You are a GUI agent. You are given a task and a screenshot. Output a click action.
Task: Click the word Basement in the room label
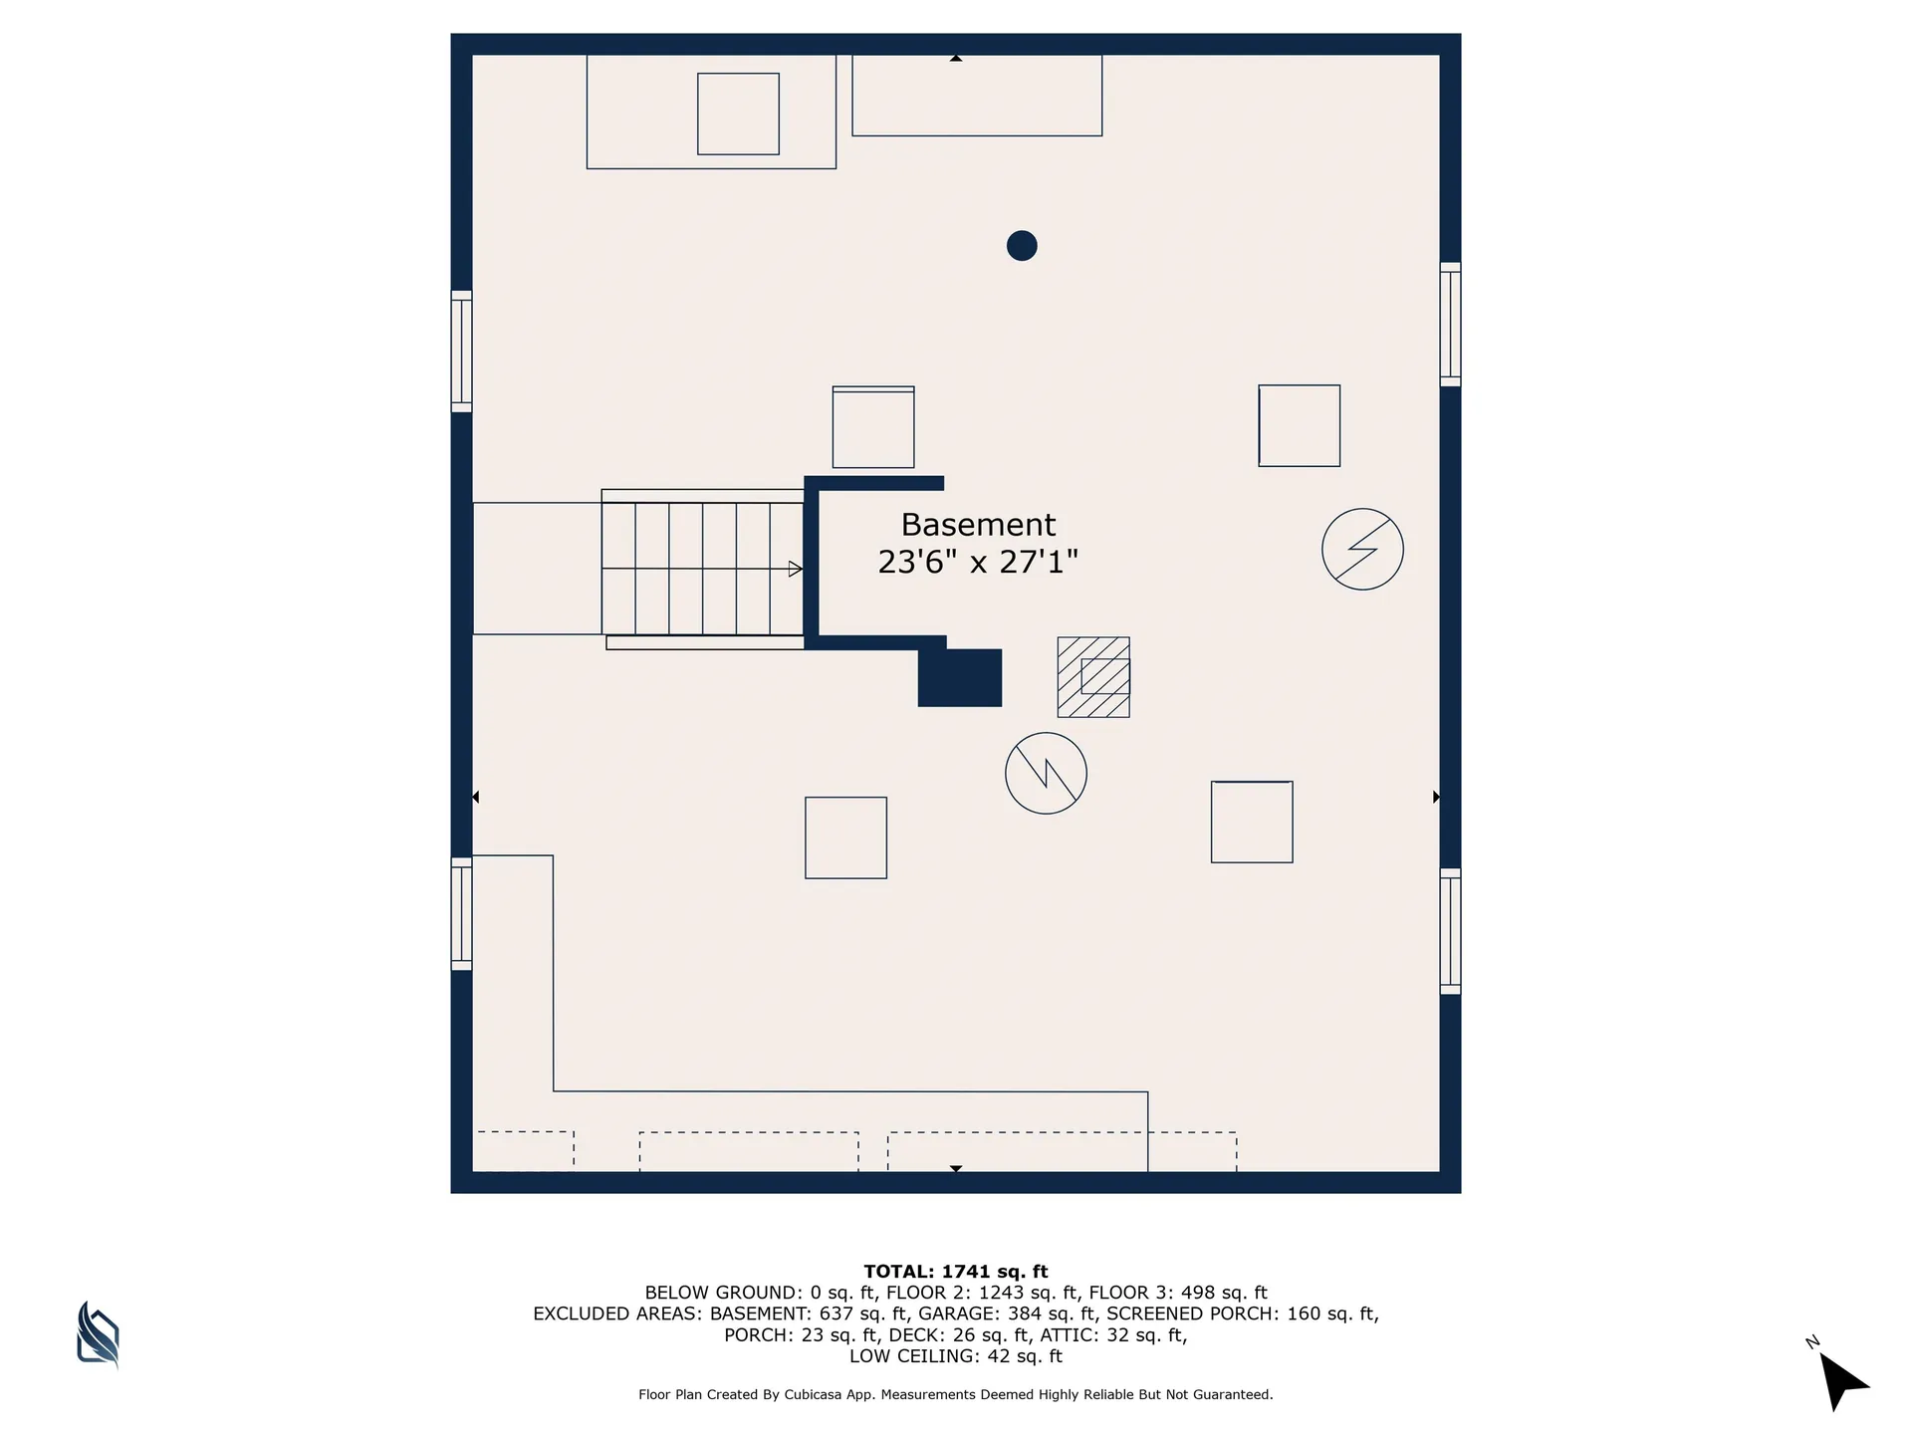978,525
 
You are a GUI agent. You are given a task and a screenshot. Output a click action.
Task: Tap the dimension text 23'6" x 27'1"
978,563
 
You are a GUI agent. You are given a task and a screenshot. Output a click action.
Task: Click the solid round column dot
1022,246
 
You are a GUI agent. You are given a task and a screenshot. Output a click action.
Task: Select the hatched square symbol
1093,677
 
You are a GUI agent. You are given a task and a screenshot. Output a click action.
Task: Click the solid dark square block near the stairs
960,677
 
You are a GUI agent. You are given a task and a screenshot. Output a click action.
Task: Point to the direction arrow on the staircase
795,569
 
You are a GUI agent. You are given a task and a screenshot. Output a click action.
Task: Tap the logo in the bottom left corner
98,1333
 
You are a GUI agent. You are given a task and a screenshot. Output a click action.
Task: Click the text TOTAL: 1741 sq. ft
956,1272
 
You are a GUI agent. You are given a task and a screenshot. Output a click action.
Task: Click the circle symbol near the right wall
1362,549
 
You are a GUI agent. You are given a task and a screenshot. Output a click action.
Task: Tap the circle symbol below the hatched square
1046,773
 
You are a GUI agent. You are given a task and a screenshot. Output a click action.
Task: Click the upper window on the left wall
461,352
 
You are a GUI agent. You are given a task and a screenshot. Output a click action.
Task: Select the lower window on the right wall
1450,931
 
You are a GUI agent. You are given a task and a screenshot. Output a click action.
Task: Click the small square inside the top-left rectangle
738,114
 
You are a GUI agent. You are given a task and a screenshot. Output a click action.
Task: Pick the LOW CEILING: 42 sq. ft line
956,1356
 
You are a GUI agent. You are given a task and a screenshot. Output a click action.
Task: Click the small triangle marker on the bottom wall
956,1168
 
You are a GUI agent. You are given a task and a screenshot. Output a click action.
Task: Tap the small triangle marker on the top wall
956,59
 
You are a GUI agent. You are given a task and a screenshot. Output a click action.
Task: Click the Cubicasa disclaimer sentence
956,1395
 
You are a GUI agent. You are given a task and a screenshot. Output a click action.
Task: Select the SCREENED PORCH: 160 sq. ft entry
1241,1314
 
